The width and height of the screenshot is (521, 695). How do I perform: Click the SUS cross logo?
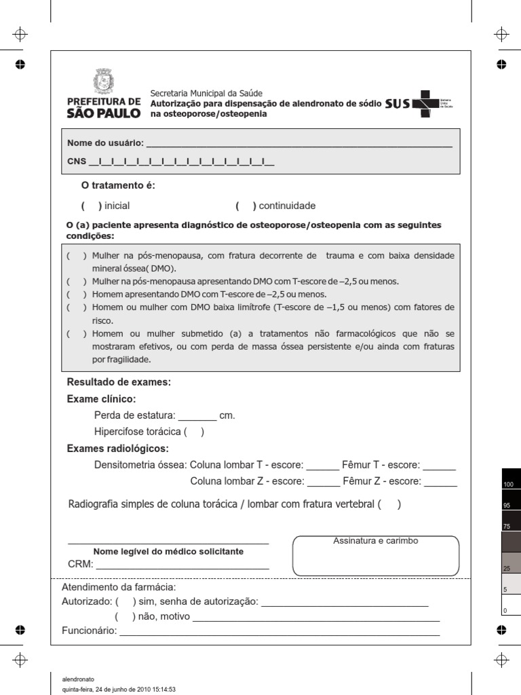coord(425,104)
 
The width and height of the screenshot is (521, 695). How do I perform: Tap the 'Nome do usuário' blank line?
coord(298,144)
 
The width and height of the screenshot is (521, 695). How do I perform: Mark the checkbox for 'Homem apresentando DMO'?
coord(76,295)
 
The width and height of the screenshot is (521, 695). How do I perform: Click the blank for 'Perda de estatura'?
coord(197,415)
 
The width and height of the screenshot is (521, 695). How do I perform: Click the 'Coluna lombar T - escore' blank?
coord(322,466)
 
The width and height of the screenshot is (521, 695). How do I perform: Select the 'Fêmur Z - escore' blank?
coord(440,482)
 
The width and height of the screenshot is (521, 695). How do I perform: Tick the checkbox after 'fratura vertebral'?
coord(389,504)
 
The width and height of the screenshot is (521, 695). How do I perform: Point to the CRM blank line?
coord(182,564)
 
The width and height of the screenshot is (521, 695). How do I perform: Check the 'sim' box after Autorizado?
coord(126,601)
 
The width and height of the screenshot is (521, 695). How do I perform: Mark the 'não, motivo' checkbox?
coord(125,617)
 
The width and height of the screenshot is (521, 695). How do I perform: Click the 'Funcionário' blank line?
coord(279,632)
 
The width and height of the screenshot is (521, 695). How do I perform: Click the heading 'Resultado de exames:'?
coord(119,382)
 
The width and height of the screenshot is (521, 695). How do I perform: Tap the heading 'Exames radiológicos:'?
coord(118,449)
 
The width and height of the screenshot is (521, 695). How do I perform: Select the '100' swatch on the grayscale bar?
coord(512,478)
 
